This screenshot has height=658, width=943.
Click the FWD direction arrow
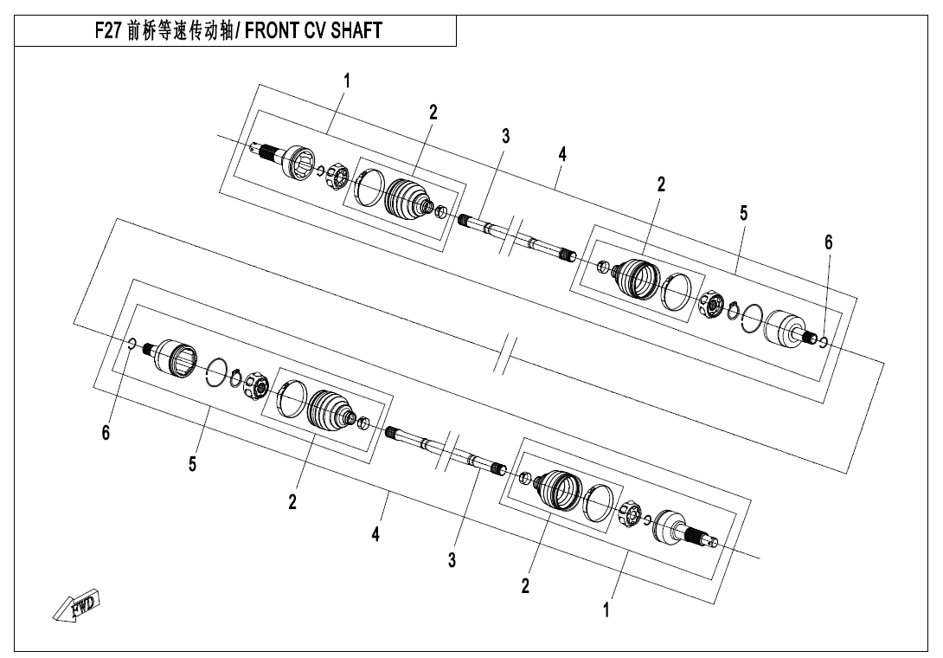tap(76, 606)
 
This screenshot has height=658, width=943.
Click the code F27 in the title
tap(109, 30)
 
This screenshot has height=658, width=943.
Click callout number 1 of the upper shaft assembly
tap(346, 80)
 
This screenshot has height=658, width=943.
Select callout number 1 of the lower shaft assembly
tap(606, 610)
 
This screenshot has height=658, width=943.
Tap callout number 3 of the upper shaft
tap(506, 137)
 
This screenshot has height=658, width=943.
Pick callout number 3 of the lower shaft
tap(452, 560)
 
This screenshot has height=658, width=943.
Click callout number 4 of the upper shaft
tap(562, 154)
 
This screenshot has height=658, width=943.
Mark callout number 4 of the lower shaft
tap(375, 534)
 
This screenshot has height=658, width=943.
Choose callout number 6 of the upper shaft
tap(828, 242)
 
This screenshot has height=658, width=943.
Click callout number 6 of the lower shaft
tap(106, 432)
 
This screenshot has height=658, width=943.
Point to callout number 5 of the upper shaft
tap(744, 212)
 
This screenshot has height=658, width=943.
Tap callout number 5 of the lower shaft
tap(192, 464)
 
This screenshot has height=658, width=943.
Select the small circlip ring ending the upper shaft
tap(824, 343)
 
